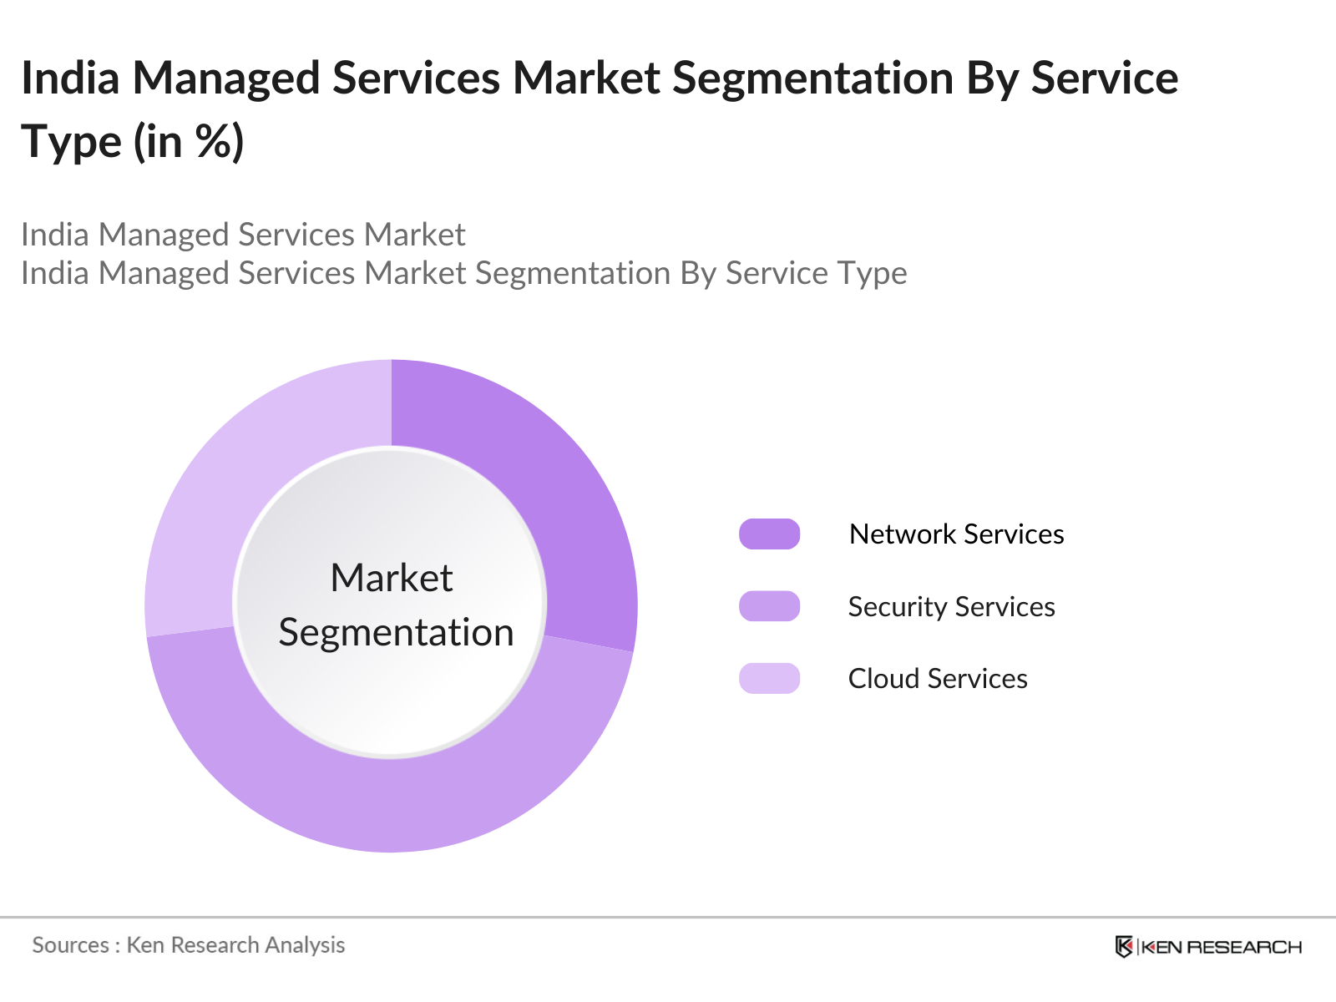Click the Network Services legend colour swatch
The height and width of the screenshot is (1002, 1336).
pos(769,534)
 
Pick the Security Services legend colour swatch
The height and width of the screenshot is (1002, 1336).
pos(769,606)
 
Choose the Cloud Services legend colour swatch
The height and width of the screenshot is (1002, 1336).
pos(769,678)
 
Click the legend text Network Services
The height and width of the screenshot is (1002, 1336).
pos(956,534)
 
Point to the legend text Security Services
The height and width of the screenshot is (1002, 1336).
pos(951,607)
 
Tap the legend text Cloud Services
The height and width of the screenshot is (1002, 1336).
pos(938,679)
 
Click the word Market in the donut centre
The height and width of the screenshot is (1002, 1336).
pos(391,578)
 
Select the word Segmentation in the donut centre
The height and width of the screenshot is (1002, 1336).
pos(396,632)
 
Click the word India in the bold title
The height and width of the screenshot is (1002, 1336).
pos(70,78)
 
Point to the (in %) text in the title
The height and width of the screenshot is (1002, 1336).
pos(190,142)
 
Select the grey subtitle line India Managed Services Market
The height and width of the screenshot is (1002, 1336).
pos(243,235)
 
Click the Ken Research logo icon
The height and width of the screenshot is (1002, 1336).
pos(1124,947)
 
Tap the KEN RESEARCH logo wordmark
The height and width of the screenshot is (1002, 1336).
pos(1222,947)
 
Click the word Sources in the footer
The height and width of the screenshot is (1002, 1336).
pos(70,945)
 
